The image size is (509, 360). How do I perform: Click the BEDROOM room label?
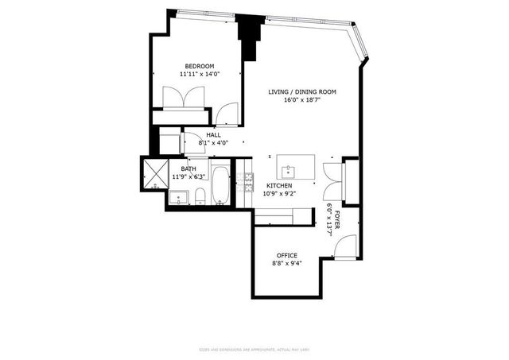199,66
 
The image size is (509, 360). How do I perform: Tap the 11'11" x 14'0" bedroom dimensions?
199,75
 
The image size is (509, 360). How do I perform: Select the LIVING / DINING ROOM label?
301,92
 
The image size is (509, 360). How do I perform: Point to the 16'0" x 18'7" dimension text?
301,101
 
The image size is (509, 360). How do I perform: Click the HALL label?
213,135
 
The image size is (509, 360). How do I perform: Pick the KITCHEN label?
278,185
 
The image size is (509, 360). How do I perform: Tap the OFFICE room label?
286,255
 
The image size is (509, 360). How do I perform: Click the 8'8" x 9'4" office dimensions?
286,263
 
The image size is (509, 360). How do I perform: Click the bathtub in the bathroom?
221,187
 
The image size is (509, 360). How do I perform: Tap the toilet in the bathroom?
200,196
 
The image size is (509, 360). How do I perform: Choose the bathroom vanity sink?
180,197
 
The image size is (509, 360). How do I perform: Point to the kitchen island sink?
288,170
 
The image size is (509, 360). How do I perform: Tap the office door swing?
344,249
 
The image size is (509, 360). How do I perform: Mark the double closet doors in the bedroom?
185,99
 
